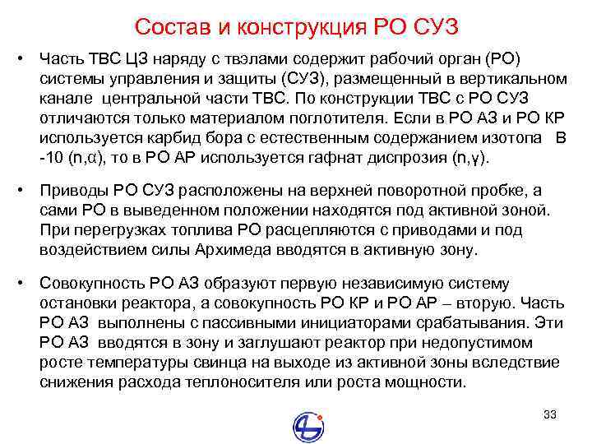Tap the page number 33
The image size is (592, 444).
[x=550, y=414]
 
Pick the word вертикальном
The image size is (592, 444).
[x=516, y=79]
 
